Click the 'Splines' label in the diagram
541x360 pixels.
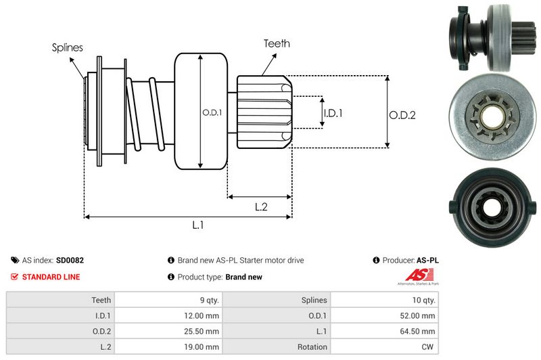point(67,47)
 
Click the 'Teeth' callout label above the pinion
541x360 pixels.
point(277,43)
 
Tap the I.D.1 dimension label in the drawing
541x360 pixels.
point(333,113)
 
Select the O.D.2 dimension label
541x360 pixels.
point(402,114)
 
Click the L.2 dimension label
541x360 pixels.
point(262,207)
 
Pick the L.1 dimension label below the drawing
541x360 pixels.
point(198,226)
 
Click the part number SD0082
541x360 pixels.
point(70,260)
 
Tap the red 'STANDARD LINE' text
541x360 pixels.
point(51,277)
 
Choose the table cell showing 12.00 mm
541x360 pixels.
point(204,315)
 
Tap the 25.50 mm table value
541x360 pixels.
point(204,331)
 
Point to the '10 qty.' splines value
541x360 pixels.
point(425,300)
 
